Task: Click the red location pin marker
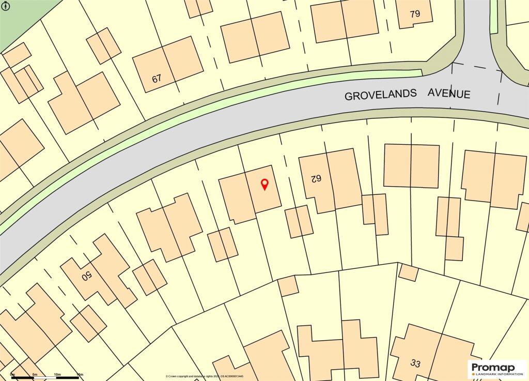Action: pos(264,184)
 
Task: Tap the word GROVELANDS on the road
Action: pos(380,96)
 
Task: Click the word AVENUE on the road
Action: pos(448,94)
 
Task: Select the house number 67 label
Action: pos(157,79)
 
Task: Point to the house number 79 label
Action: pos(415,14)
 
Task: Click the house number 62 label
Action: pos(316,179)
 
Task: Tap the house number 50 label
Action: pos(86,276)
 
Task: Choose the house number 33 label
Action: pos(416,363)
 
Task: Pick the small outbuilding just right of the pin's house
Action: pos(299,222)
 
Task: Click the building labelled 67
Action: pos(168,65)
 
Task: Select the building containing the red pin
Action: pos(251,194)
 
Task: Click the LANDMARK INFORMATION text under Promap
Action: pos(493,373)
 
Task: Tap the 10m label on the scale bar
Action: pos(57,374)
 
